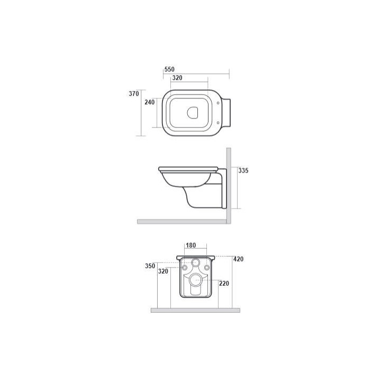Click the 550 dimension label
pyautogui.click(x=169, y=69)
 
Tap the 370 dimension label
pyautogui.click(x=134, y=94)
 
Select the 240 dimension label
pyautogui.click(x=150, y=102)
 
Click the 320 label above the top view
pyautogui.click(x=177, y=78)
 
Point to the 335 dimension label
pyautogui.click(x=243, y=170)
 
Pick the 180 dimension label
pyautogui.click(x=190, y=246)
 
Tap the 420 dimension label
pyautogui.click(x=238, y=259)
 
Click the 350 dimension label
pyautogui.click(x=150, y=266)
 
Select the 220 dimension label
pyautogui.click(x=224, y=283)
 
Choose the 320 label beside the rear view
pyautogui.click(x=163, y=271)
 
